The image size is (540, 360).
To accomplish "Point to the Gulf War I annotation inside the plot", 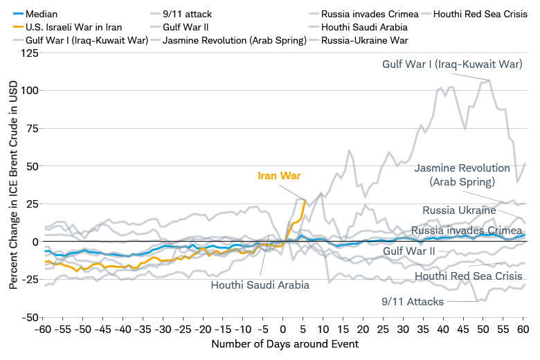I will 452,64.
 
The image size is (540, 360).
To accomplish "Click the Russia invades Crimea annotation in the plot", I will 466,231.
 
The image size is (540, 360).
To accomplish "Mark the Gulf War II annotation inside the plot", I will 408,251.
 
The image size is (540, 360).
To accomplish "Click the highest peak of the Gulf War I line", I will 489,80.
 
